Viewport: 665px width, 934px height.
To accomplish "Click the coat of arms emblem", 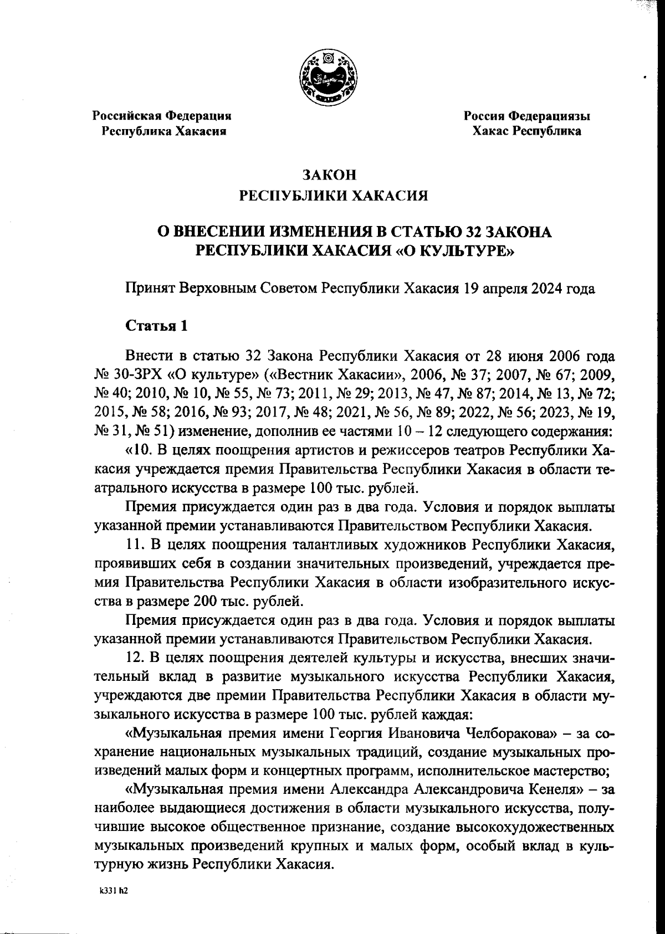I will (x=328, y=77).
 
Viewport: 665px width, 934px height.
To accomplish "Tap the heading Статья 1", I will (x=157, y=325).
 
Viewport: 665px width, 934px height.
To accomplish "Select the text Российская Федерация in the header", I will (x=162, y=116).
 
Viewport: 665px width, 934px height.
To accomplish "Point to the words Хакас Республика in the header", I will (x=526, y=131).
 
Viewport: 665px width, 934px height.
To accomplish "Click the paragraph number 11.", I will (x=135, y=545).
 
